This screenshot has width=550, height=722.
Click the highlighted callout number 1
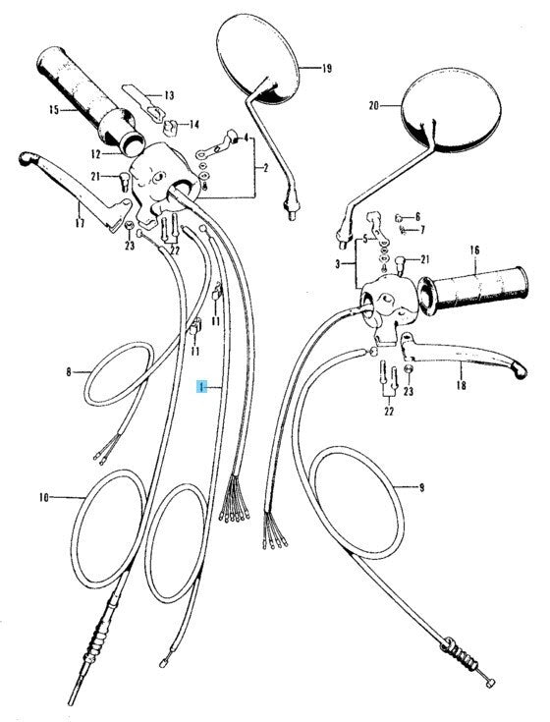click(201, 388)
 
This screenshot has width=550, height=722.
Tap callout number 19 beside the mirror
click(326, 69)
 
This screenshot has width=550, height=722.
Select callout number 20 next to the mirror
click(374, 106)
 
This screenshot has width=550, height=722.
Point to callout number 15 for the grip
click(54, 110)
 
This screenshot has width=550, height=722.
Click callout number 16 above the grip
click(474, 250)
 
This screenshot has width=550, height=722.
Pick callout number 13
click(169, 95)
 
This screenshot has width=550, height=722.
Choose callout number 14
click(193, 125)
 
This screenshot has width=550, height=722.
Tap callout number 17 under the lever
click(80, 223)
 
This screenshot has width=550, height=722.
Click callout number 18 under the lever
click(462, 384)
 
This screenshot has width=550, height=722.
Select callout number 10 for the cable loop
click(44, 497)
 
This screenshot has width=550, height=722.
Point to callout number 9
click(421, 487)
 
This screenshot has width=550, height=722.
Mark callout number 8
click(69, 371)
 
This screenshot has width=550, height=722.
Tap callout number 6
click(417, 216)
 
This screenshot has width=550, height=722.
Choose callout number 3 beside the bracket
click(337, 264)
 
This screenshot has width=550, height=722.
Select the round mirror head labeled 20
click(451, 111)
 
